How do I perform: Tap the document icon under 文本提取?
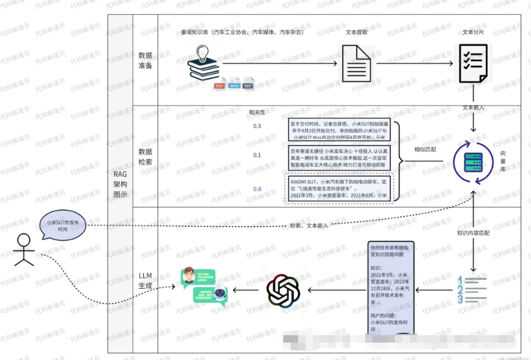(x=356, y=63)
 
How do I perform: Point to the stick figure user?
(x=23, y=249)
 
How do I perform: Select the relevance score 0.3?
(x=257, y=127)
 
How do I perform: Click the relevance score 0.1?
(x=257, y=155)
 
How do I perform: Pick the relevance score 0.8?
(x=257, y=189)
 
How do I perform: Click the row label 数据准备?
(x=145, y=60)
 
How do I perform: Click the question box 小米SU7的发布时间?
(x=63, y=225)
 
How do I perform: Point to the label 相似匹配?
(x=425, y=150)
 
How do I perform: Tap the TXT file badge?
(x=248, y=86)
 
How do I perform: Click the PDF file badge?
(x=219, y=86)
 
